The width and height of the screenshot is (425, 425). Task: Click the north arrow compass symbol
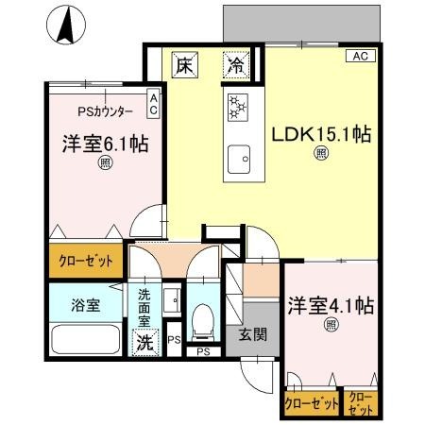pyautogui.click(x=65, y=25)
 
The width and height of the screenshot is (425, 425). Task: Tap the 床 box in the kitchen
pyautogui.click(x=185, y=66)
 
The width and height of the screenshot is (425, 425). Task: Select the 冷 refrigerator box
pyautogui.click(x=235, y=66)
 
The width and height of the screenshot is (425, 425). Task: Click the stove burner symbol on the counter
pyautogui.click(x=236, y=108)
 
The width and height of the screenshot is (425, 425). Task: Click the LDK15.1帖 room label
pyautogui.click(x=320, y=134)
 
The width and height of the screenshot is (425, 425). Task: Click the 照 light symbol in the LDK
pyautogui.click(x=321, y=154)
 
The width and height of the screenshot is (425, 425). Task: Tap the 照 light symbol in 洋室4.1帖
pyautogui.click(x=331, y=325)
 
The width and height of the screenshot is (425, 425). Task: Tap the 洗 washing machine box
pyautogui.click(x=146, y=342)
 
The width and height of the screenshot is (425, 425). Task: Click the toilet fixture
pyautogui.click(x=200, y=324)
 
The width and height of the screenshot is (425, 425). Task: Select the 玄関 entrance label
pyautogui.click(x=250, y=334)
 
